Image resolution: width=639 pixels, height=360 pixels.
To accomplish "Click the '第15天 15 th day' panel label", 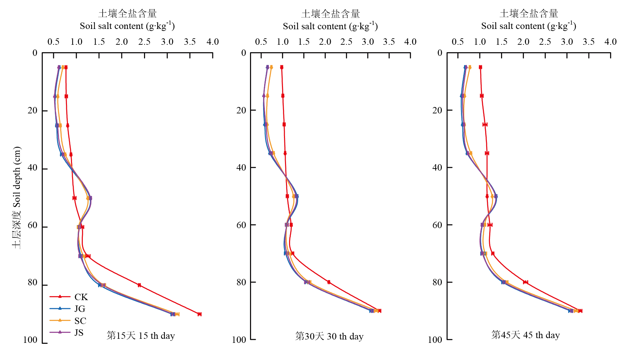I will click(141, 336).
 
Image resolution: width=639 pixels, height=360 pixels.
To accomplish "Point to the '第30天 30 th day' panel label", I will click(329, 336).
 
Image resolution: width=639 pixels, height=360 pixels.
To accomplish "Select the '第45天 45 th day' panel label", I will click(525, 335).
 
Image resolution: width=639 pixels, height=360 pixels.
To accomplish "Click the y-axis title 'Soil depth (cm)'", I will click(17, 197).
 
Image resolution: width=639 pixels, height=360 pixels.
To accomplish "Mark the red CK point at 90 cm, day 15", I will click(200, 314).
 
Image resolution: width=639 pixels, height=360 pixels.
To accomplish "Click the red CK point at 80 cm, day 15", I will click(139, 285).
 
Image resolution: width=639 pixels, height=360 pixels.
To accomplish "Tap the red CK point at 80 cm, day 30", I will click(329, 282).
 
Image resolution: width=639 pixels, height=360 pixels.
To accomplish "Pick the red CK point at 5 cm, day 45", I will click(481, 67).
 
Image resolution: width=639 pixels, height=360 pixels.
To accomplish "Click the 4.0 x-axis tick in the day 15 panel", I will click(213, 42).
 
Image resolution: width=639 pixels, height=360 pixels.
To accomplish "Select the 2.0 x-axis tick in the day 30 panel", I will click(325, 42).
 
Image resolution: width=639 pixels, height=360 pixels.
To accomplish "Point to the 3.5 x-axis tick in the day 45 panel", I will click(589, 42).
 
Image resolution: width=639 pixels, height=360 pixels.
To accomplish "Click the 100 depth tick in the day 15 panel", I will click(30, 340).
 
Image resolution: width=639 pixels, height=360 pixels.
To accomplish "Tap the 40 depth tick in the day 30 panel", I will click(241, 168).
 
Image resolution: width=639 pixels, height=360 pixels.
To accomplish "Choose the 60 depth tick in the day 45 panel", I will click(437, 225).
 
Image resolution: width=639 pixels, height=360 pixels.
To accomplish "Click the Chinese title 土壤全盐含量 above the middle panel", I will click(330, 14).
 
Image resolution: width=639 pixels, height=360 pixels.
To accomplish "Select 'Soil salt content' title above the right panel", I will click(528, 26).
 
